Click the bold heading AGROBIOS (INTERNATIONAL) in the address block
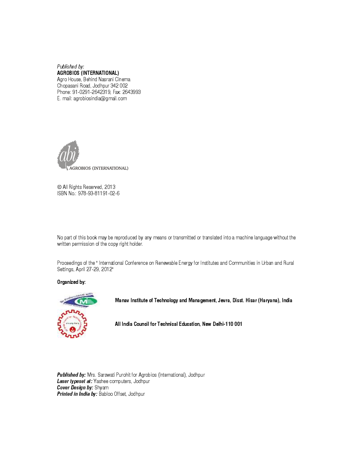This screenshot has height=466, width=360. click(88, 73)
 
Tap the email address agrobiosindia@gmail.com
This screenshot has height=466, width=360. click(100, 98)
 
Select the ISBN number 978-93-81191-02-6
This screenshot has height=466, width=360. click(98, 193)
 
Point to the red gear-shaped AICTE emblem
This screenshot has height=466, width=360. click(72, 324)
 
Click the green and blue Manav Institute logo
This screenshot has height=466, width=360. click(78, 300)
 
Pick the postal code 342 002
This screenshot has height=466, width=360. click(119, 86)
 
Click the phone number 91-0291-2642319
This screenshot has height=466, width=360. click(91, 92)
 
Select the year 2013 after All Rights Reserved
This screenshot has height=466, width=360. click(110, 187)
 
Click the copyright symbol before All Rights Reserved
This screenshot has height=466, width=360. click(59, 187)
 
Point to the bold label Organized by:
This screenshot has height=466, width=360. click(71, 282)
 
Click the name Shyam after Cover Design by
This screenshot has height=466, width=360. click(101, 388)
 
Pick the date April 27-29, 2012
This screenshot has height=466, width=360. click(94, 269)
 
